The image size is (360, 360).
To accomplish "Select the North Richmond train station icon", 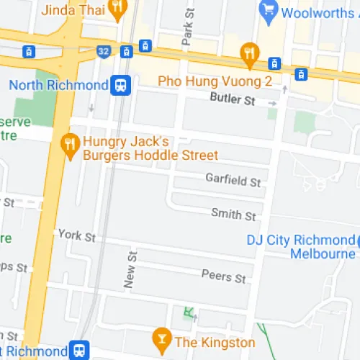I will (120, 86).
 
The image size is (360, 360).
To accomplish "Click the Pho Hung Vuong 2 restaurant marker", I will (249, 52).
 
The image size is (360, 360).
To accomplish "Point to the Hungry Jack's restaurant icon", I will (70, 142).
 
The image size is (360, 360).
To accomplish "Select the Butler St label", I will (233, 99).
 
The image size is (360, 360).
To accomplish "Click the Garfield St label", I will (233, 180).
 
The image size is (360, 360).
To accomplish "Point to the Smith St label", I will (233, 214).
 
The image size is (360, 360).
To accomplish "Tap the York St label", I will (77, 236).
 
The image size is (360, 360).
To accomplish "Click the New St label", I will (130, 270).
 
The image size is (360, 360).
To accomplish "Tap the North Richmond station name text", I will (58, 86).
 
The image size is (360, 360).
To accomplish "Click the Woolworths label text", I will (317, 12).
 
